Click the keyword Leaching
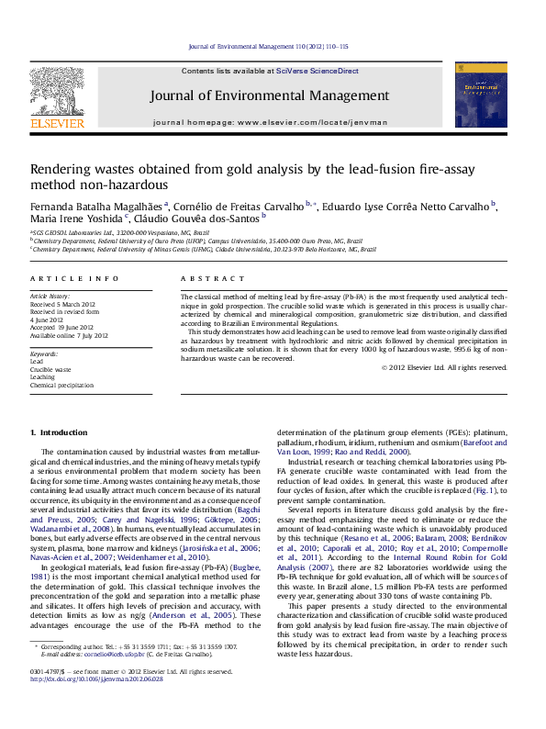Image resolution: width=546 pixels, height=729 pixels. [43, 377]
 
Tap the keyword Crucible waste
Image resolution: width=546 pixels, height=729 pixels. [50, 369]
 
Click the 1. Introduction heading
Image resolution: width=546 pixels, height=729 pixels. [59, 432]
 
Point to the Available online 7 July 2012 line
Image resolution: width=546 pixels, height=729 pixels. [69, 336]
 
